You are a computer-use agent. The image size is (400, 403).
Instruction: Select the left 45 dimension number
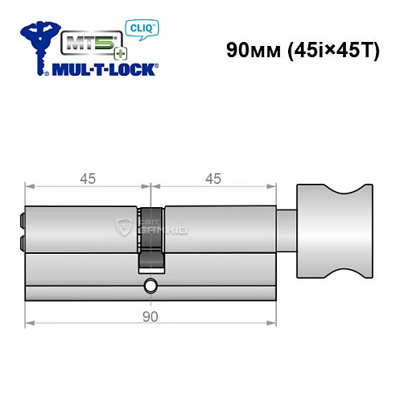click(x=87, y=179)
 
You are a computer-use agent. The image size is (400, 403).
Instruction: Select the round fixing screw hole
click(x=151, y=286)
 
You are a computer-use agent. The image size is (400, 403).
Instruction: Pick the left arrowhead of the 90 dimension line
click(x=30, y=325)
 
